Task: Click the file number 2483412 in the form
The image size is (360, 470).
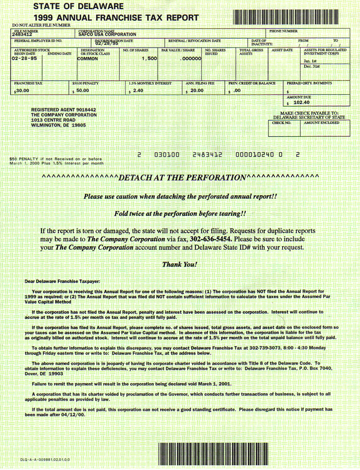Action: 22,34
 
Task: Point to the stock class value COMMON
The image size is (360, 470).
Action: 87,58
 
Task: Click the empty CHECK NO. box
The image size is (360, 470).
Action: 284,130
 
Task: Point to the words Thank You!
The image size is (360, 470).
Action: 180,264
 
